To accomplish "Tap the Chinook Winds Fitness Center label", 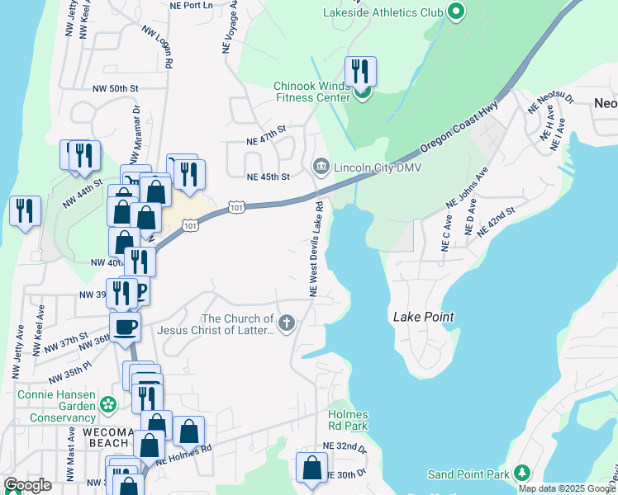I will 312,92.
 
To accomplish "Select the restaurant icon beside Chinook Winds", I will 359,71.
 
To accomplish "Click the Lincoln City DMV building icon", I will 320,167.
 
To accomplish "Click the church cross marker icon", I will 287,323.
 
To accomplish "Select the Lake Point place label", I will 424,317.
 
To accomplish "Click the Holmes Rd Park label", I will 347,420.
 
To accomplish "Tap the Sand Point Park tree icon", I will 521,474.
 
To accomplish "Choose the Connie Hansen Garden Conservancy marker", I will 107,404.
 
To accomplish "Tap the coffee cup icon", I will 125,326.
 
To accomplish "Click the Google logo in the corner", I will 27,485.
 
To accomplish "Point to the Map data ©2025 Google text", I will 567,488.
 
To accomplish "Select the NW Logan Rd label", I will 157,47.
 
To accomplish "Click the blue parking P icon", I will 140,291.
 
